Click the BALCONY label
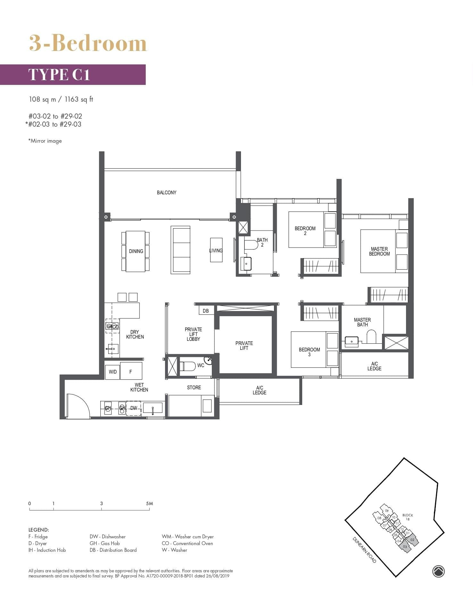tap(166, 192)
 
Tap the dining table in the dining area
tap(136, 251)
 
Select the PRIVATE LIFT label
tap(244, 345)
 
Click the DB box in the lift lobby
tap(206, 311)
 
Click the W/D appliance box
tap(112, 372)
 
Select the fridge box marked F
tap(131, 372)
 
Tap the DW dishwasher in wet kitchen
tap(134, 408)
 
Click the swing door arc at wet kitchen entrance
tap(78, 406)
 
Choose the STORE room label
tap(194, 387)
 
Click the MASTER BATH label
tap(362, 322)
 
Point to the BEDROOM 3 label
tap(309, 352)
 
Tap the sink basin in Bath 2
tap(246, 264)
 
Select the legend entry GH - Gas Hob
tap(104, 543)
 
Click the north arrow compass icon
tap(438, 571)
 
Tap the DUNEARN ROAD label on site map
tap(364, 550)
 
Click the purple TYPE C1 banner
tap(73, 75)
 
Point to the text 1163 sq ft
tap(79, 99)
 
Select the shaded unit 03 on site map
tap(405, 547)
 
